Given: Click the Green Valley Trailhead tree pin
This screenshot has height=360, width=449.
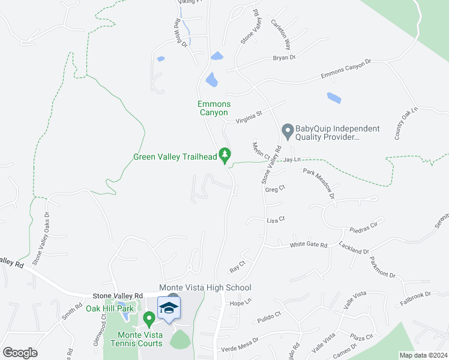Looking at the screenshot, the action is point(225,155).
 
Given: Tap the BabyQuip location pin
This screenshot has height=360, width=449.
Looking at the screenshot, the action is point(288,130).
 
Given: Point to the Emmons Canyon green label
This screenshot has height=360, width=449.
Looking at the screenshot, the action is point(214,108).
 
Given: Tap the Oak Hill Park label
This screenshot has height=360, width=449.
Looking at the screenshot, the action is point(109,308).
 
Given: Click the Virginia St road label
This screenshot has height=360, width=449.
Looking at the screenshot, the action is point(250,113).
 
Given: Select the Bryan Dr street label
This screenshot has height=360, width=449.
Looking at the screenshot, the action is point(285,58).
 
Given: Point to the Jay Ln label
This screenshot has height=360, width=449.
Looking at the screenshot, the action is point(292,160).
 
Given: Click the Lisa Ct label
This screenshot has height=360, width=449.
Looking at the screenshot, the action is point(274,221).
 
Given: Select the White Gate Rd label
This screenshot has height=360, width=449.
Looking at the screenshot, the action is point(309,245).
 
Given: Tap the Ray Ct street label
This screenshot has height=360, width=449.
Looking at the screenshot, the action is point(238,263).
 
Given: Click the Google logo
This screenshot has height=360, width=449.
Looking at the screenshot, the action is point(20,353).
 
